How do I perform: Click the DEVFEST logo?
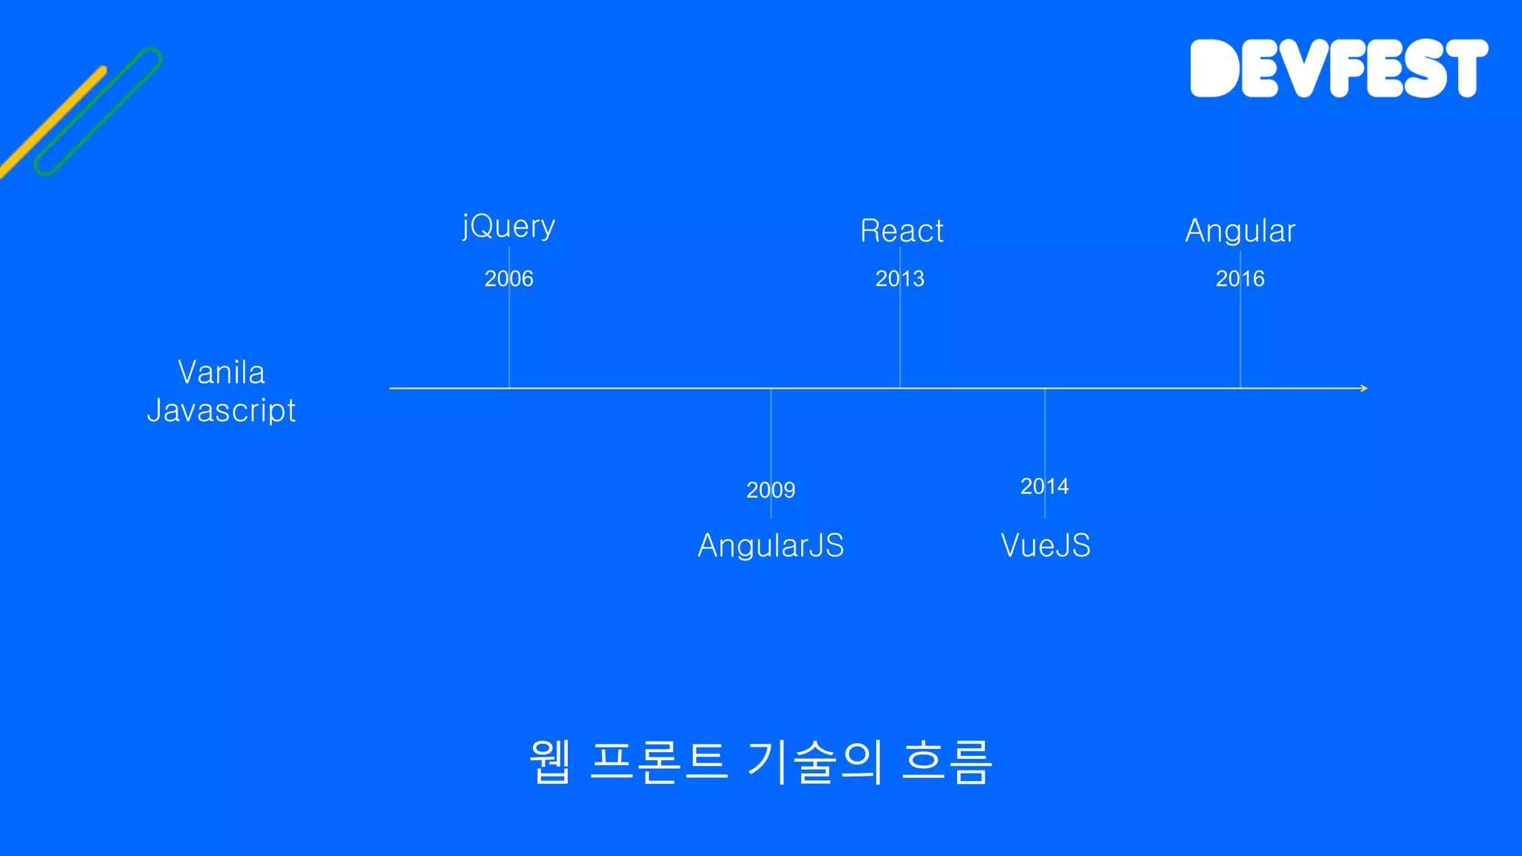click(x=1338, y=68)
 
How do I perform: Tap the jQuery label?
click(x=508, y=226)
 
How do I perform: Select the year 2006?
click(x=508, y=279)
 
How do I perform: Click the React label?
click(x=901, y=230)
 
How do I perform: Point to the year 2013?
click(x=899, y=279)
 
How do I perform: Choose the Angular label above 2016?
click(x=1240, y=230)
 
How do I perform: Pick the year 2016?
click(x=1240, y=279)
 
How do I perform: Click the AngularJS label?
click(x=771, y=545)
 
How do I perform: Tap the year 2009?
click(x=771, y=490)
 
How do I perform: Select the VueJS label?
click(x=1045, y=545)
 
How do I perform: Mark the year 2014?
click(x=1044, y=486)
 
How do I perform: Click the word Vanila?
click(x=221, y=372)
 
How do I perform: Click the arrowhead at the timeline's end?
click(x=1363, y=388)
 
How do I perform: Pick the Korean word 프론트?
click(x=658, y=762)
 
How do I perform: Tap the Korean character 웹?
click(x=550, y=762)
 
